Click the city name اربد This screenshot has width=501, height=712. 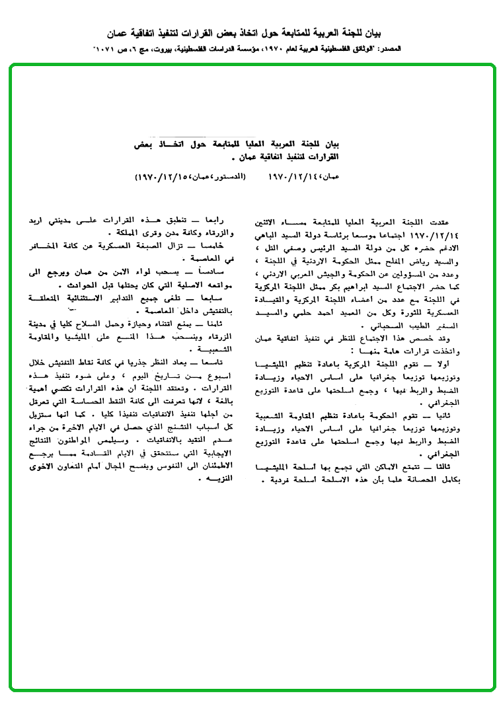40,222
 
